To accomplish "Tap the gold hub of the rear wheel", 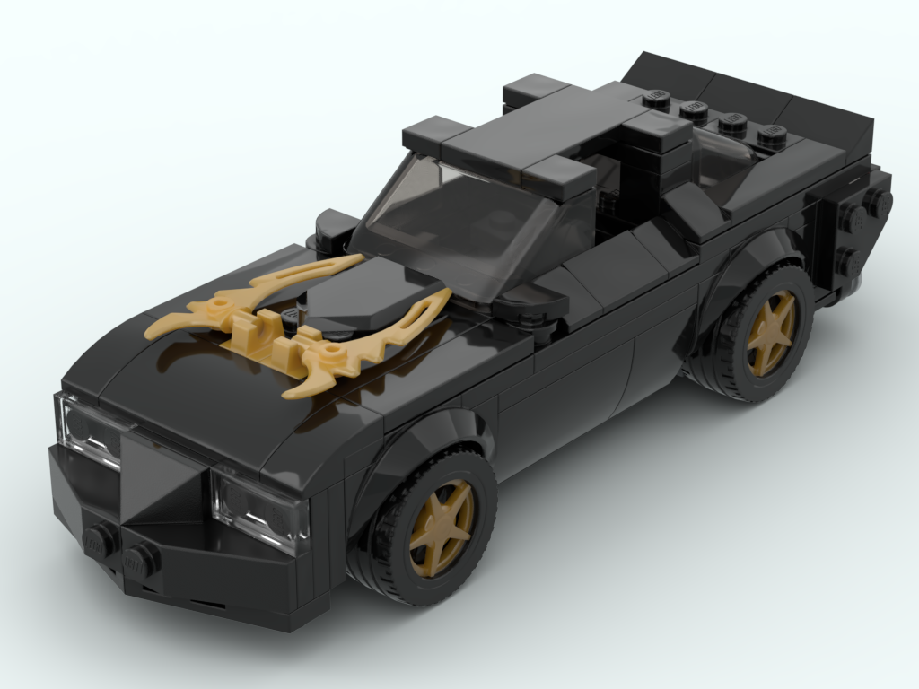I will tap(771, 332).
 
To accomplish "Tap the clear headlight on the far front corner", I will tap(88, 432).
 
